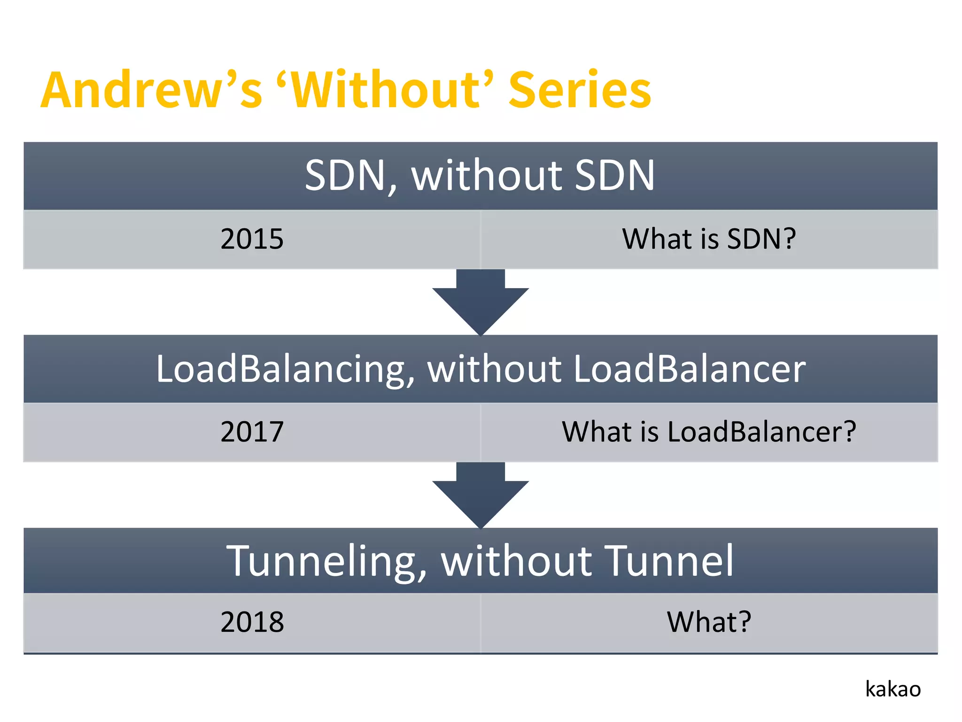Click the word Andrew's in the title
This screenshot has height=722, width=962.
(150, 90)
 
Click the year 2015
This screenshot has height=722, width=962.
(252, 239)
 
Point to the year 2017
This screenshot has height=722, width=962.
(252, 432)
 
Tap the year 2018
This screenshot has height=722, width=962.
(252, 622)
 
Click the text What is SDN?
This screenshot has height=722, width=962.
(709, 239)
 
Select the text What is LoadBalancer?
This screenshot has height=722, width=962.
(709, 432)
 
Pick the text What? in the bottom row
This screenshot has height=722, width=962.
(709, 622)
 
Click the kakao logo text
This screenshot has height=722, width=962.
(892, 689)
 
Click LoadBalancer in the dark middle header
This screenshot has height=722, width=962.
(689, 369)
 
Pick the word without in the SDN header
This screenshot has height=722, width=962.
(487, 176)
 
